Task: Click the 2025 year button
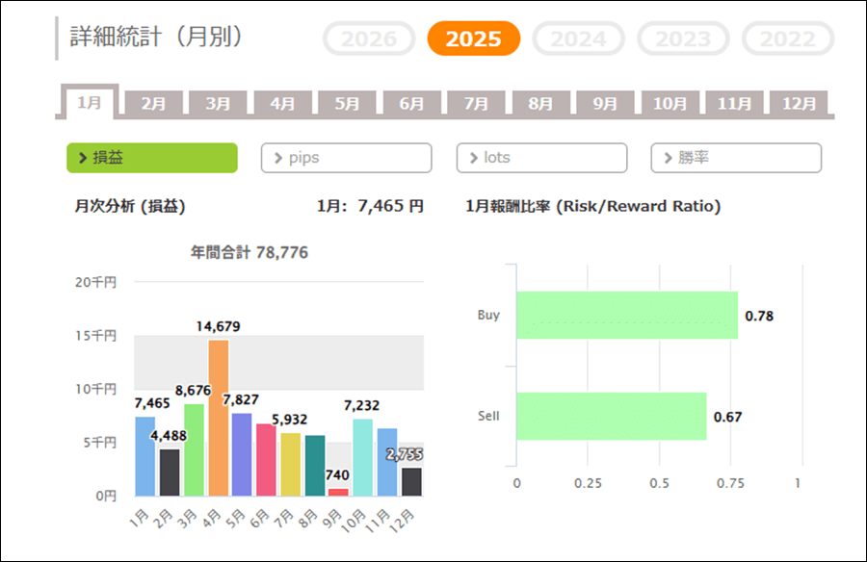(473, 38)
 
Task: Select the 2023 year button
(683, 38)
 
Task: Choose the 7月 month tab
(476, 104)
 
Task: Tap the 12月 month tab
(799, 104)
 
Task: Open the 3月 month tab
(218, 104)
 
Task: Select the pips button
(346, 158)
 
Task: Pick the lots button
(541, 158)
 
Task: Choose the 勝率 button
(736, 158)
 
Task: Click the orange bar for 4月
(218, 418)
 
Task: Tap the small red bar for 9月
(338, 492)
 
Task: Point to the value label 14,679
(218, 326)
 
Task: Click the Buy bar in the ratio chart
(627, 316)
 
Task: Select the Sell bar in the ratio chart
(612, 416)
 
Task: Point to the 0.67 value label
(727, 417)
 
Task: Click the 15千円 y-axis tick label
(97, 336)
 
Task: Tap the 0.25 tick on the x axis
(588, 483)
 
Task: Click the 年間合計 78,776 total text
(250, 252)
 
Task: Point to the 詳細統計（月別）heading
(156, 37)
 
